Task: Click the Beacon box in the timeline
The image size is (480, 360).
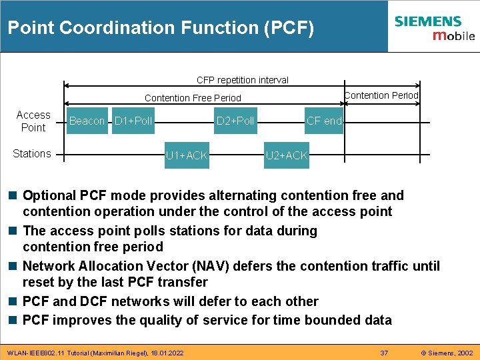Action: [87, 121]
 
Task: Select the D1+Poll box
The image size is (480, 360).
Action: [133, 121]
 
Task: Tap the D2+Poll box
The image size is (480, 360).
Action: [235, 121]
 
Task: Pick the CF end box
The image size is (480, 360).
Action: [324, 121]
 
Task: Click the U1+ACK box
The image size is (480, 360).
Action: [187, 156]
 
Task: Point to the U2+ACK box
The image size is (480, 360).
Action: [287, 156]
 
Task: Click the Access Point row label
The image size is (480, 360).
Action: [33, 121]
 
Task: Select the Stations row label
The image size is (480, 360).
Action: [32, 154]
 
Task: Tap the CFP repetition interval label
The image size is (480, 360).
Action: [243, 80]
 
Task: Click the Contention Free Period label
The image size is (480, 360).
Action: [193, 98]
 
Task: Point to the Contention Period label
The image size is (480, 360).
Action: [381, 95]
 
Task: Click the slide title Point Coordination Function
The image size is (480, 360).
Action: [160, 28]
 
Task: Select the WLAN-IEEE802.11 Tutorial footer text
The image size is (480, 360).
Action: [93, 352]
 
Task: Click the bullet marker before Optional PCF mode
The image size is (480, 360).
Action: [13, 196]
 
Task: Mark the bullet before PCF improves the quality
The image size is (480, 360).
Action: [13, 321]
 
